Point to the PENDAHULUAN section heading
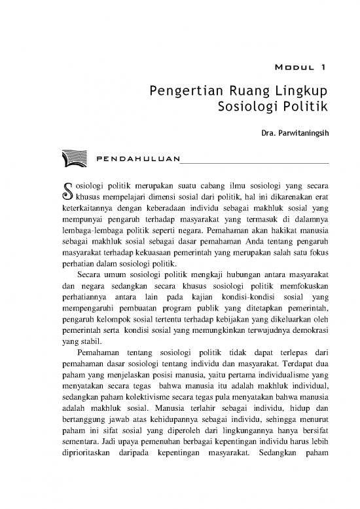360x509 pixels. [137, 159]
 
